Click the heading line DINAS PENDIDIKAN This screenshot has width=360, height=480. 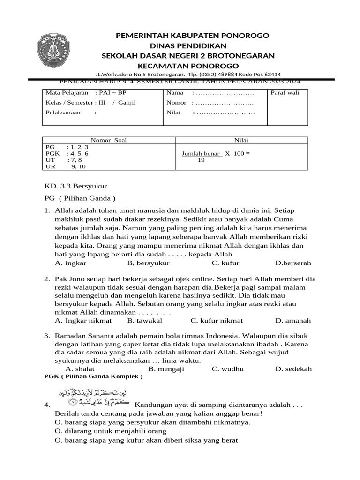pyautogui.click(x=188, y=45)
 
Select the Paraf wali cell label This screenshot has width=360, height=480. pyautogui.click(x=285, y=92)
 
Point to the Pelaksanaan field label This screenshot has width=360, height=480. pyautogui.click(x=63, y=112)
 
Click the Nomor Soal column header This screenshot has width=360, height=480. pyautogui.click(x=109, y=140)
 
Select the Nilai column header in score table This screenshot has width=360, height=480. pyautogui.click(x=241, y=140)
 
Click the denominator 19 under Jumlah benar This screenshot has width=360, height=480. pyautogui.click(x=201, y=160)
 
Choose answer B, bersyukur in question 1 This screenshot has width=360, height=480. pyautogui.click(x=145, y=263)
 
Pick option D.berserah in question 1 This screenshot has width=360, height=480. pyautogui.click(x=293, y=263)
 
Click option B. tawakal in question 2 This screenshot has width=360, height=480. pyautogui.click(x=144, y=321)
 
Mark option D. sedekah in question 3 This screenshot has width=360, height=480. pyautogui.click(x=293, y=369)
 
